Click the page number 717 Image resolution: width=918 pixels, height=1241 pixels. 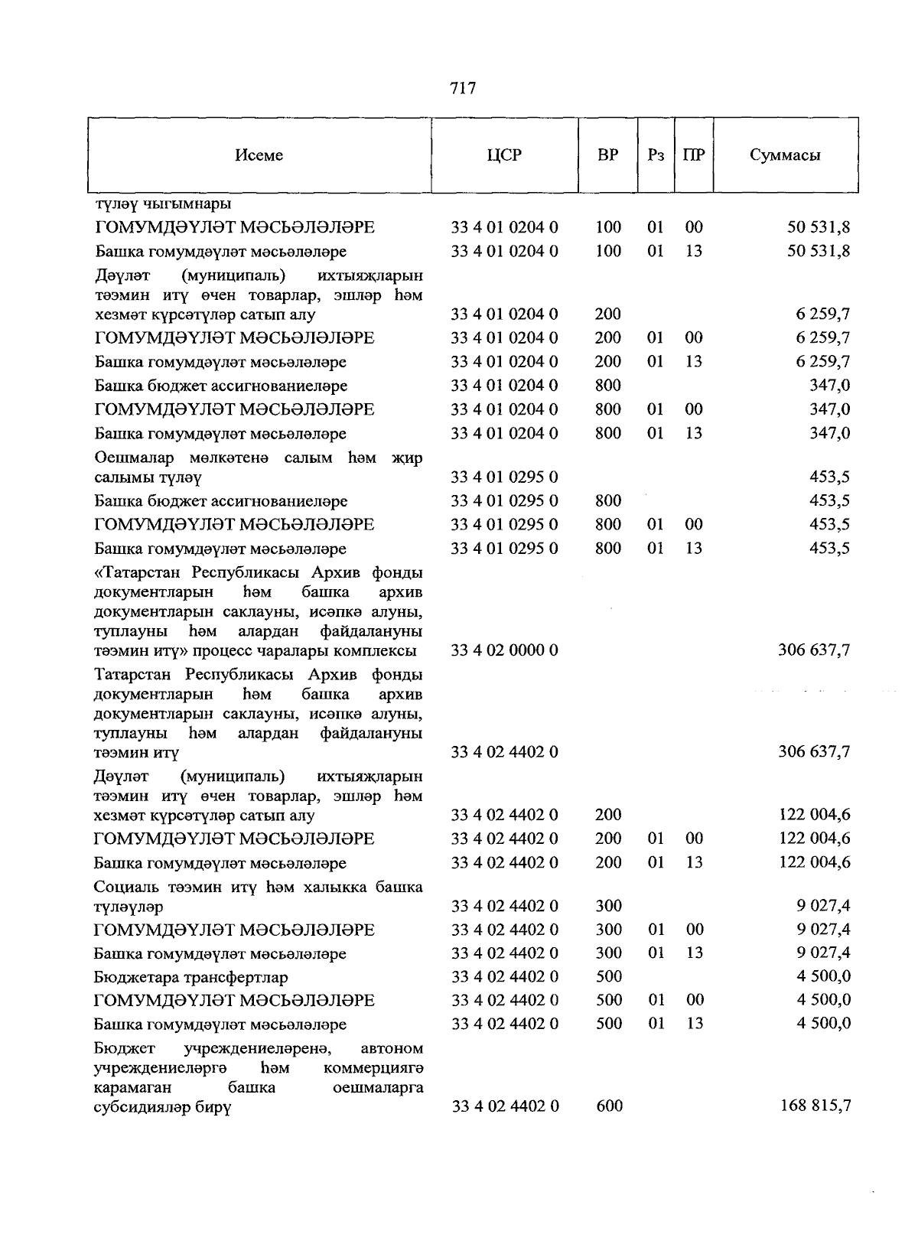pyautogui.click(x=464, y=89)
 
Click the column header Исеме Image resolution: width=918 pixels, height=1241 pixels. pyautogui.click(x=259, y=155)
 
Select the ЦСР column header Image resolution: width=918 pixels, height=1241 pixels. pyautogui.click(x=504, y=155)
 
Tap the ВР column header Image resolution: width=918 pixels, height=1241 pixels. pyautogui.click(x=608, y=155)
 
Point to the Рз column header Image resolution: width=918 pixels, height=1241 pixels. pyautogui.click(x=656, y=155)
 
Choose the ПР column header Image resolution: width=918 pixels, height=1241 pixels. pyautogui.click(x=694, y=155)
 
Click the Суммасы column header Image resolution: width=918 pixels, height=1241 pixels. pyautogui.click(x=785, y=155)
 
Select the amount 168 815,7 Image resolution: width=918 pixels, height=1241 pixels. pyautogui.click(x=814, y=1106)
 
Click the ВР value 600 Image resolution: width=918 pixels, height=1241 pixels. pyautogui.click(x=608, y=1106)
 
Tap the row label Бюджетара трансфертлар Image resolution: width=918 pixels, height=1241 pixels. pyautogui.click(x=191, y=978)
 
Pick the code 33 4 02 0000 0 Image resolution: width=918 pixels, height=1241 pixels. pyautogui.click(x=504, y=650)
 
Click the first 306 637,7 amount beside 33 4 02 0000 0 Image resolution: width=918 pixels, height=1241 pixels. pyautogui.click(x=814, y=650)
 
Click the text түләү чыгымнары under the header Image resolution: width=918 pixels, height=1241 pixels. pyautogui.click(x=163, y=204)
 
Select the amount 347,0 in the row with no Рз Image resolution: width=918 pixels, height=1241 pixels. pyautogui.click(x=829, y=386)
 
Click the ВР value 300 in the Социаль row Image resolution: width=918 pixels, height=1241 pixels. pyautogui.click(x=608, y=906)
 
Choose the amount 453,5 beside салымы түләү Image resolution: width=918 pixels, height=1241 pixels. pyautogui.click(x=829, y=477)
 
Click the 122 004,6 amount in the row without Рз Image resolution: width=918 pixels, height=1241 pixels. pyautogui.click(x=814, y=815)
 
